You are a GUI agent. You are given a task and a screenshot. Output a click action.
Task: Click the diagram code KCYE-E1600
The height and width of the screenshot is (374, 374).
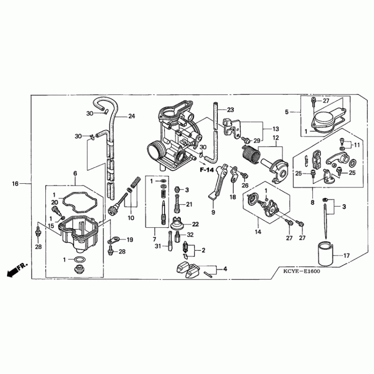(x=302, y=271)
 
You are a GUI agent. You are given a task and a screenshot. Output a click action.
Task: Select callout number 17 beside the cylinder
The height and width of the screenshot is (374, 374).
(x=346, y=256)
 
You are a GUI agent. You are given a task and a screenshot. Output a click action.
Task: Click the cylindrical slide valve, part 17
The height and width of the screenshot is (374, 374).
(x=325, y=254)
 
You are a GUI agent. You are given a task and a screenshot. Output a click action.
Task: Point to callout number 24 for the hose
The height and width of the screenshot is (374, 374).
(x=132, y=116)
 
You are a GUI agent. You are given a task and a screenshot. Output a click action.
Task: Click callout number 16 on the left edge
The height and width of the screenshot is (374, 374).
(x=15, y=184)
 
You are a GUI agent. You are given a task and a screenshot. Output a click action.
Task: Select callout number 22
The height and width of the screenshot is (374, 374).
(x=195, y=224)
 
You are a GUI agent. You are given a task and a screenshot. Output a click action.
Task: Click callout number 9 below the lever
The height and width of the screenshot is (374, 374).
(x=213, y=212)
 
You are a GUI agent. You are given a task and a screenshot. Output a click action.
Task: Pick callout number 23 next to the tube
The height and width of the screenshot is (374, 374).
(x=230, y=110)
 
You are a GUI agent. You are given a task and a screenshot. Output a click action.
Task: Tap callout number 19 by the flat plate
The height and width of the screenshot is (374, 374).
(x=130, y=239)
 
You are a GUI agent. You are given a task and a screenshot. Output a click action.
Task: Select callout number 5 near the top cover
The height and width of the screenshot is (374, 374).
(x=287, y=112)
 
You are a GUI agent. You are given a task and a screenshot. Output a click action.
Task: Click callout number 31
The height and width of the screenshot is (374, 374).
(x=158, y=246)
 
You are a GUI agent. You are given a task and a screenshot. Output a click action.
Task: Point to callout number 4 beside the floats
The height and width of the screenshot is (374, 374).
(x=225, y=269)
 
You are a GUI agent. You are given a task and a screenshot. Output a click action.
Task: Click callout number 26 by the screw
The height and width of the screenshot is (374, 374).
(x=245, y=185)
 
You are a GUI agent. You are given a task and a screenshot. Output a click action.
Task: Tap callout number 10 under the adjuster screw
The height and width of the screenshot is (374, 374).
(x=131, y=218)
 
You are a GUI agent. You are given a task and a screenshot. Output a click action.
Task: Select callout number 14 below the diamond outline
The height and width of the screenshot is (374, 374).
(x=258, y=231)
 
